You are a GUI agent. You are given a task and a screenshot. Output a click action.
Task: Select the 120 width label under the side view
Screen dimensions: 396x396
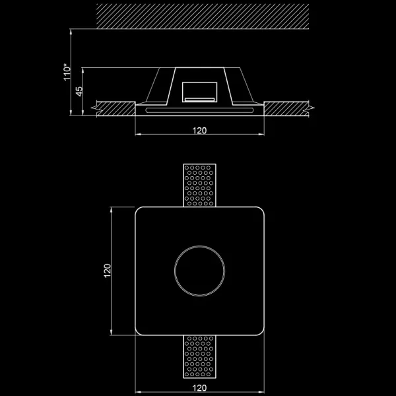click(199, 130)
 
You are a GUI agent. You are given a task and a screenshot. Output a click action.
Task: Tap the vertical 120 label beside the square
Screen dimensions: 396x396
click(107, 271)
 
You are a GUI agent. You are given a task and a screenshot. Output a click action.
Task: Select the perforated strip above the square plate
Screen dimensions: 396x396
click(199, 185)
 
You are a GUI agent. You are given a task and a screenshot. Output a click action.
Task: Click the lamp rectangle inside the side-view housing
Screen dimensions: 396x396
click(199, 92)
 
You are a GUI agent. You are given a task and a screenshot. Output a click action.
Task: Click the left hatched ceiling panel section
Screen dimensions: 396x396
click(115, 106)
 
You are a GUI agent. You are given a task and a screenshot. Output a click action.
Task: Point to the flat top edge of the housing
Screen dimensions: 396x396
click(199, 68)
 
